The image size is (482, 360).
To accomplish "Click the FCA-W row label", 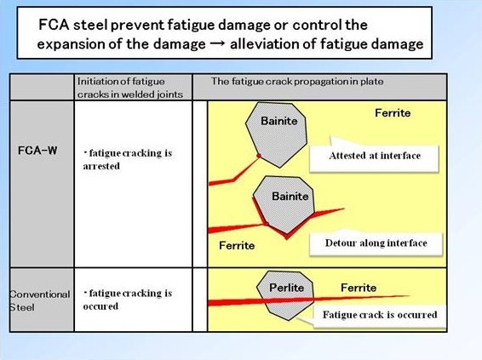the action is point(37,151).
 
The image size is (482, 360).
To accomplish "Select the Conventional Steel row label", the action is point(39,300).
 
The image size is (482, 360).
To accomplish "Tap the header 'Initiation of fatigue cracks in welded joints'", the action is point(130,88).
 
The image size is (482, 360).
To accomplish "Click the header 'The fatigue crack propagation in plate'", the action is point(297,82).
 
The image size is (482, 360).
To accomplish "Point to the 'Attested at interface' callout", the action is point(374,156).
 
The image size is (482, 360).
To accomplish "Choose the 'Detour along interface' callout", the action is point(376,243).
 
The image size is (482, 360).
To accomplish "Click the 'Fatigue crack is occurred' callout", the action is point(380,315).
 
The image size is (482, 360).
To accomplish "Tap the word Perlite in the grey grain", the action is point(286,288).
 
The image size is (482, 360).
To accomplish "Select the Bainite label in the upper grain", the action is point(278,121).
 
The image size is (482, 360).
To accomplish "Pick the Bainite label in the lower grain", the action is point(290,197).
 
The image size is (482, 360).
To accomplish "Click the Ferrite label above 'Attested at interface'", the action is point(393,113).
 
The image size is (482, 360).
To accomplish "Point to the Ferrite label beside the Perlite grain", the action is point(359,288).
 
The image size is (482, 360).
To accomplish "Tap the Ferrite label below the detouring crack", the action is point(237,246).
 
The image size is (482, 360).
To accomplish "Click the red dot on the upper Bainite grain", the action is point(259,156).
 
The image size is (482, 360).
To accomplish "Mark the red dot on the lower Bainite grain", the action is point(267,224).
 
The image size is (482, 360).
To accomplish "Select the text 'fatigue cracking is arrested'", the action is point(128,159).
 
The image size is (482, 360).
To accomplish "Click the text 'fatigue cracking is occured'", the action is point(128,300).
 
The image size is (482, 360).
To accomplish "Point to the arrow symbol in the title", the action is point(218,44).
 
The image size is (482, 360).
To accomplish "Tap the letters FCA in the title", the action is point(54,25).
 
